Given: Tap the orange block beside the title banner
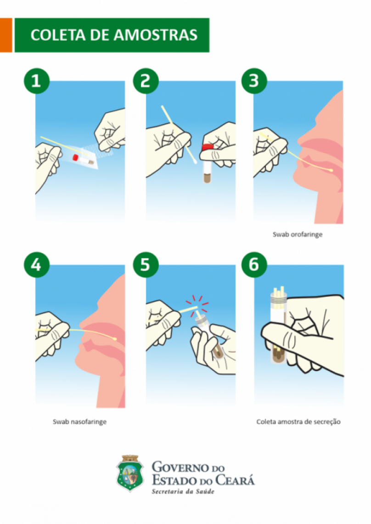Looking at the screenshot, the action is coord(6,35).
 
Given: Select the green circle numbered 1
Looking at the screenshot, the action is coord(36,81).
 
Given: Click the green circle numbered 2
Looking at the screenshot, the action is coord(146,81).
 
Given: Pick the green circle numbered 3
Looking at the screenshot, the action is coord(254,81).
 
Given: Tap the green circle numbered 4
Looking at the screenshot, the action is coord(36,265).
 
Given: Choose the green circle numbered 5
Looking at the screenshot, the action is coord(146,265).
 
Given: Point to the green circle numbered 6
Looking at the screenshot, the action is coord(254,265).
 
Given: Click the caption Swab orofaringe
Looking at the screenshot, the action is coord(298,234).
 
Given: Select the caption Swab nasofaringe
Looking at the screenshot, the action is coord(79,422).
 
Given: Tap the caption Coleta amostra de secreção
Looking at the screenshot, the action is coord(298,422).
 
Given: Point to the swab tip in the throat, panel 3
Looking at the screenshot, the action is coord(331,171).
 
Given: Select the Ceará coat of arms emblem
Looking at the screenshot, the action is coord(130,473).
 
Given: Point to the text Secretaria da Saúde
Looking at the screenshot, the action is coord(183,491).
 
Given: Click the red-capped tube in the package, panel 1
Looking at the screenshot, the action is coord(83,160).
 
